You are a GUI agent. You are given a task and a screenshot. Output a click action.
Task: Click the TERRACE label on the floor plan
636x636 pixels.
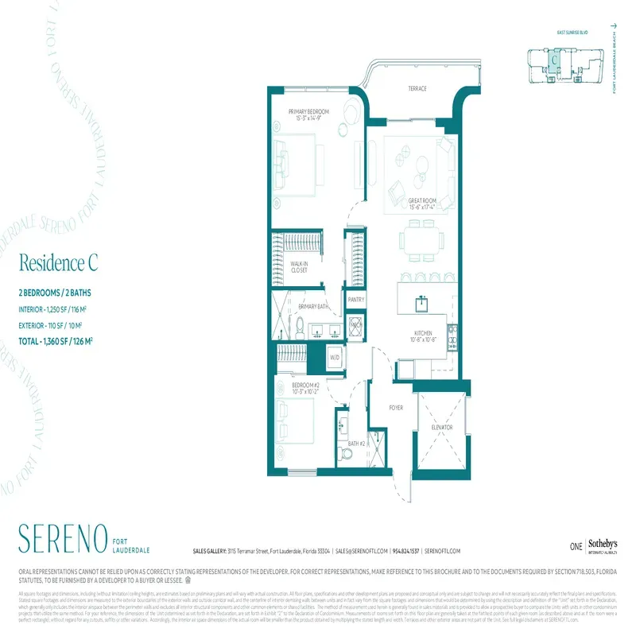(x=419, y=88)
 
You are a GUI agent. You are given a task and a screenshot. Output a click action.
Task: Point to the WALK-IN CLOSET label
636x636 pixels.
(x=299, y=267)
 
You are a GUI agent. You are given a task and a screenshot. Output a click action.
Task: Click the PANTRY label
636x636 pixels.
(x=356, y=301)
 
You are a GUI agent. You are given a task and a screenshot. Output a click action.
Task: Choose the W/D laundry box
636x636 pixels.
(x=334, y=357)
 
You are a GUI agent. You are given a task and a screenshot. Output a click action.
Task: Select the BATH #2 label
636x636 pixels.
(x=356, y=444)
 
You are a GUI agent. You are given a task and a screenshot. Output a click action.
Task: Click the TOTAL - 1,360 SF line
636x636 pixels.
(x=56, y=341)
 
